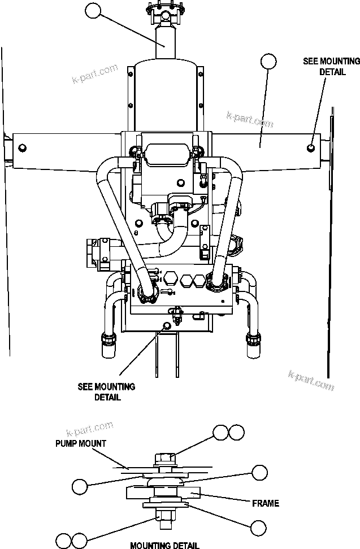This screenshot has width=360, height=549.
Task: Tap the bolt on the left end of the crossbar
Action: (x=23, y=148)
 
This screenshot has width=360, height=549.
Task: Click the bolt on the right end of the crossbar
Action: (x=311, y=148)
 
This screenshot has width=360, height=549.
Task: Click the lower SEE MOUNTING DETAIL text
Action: (x=106, y=392)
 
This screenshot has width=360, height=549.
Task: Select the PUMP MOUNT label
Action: (x=81, y=443)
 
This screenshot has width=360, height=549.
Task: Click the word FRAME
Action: (x=266, y=503)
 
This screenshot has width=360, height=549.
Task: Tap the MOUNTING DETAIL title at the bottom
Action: (x=164, y=545)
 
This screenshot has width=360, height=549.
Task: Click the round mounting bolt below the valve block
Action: (x=166, y=325)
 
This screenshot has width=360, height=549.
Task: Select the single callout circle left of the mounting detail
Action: (x=81, y=486)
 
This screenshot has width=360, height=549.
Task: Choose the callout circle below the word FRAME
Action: (x=259, y=528)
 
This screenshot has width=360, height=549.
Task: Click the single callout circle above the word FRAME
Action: (x=259, y=472)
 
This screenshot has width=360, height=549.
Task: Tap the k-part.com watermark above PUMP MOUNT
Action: (x=89, y=428)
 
